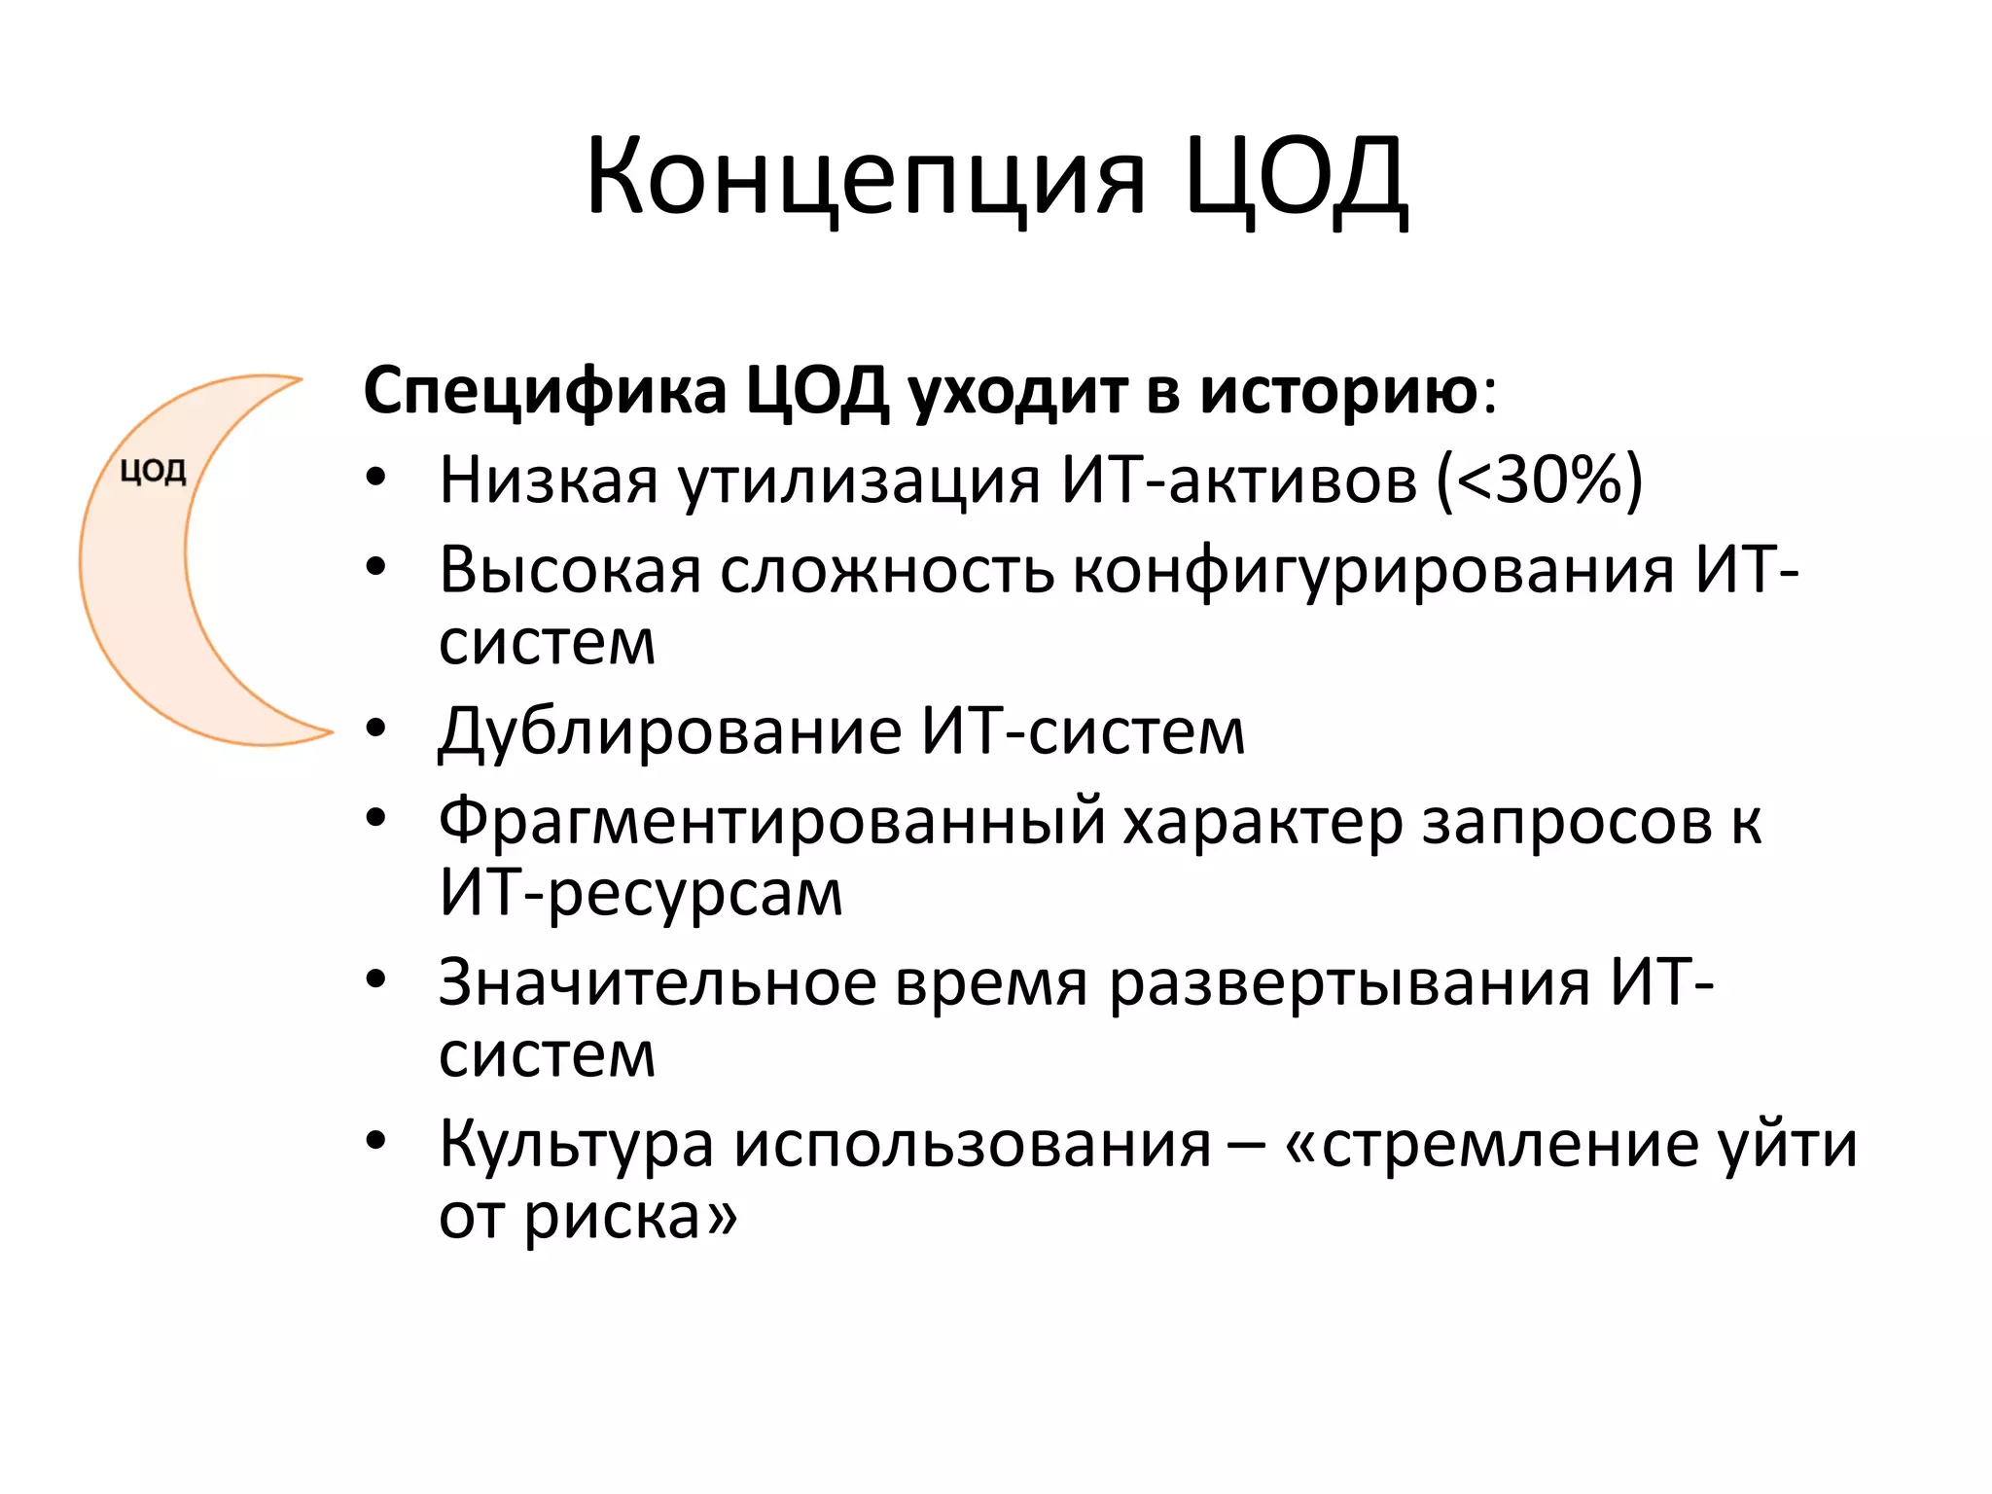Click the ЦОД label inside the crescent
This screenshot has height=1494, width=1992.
pyautogui.click(x=153, y=472)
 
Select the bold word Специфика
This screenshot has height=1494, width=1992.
pyautogui.click(x=545, y=391)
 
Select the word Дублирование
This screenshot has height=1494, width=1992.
pyautogui.click(x=669, y=731)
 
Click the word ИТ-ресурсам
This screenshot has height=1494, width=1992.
pyautogui.click(x=640, y=893)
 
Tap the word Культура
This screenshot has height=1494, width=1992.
pyautogui.click(x=576, y=1144)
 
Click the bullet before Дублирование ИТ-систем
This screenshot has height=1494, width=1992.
pyautogui.click(x=376, y=728)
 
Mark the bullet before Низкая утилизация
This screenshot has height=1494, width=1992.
pyautogui.click(x=376, y=477)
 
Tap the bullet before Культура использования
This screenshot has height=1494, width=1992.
pyautogui.click(x=376, y=1140)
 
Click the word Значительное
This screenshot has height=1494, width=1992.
pyautogui.click(x=657, y=982)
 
